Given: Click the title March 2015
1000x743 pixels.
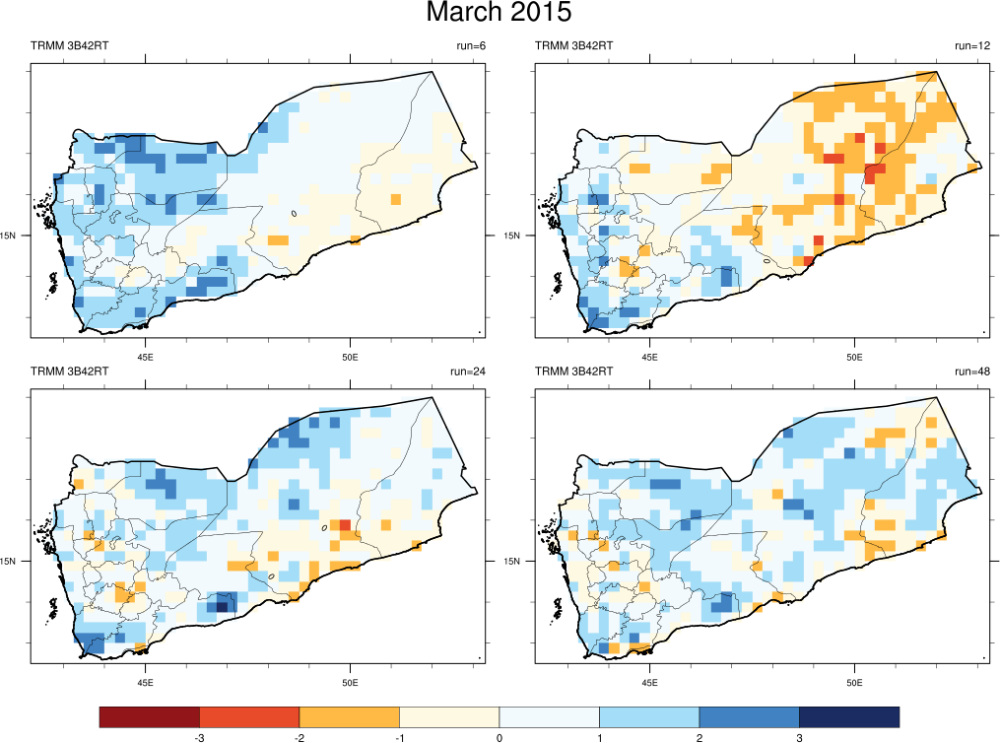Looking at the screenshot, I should click(x=499, y=14).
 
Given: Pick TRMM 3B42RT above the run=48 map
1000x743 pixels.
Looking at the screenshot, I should click(x=573, y=371).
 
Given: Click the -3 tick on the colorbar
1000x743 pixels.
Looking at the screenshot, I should click(x=200, y=737).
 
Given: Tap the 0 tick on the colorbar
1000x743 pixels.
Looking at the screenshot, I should click(x=500, y=737).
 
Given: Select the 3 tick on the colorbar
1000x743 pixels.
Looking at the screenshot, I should click(x=799, y=737).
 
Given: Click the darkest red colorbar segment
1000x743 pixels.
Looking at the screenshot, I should click(x=150, y=716).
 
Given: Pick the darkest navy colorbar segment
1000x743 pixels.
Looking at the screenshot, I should click(x=848, y=716).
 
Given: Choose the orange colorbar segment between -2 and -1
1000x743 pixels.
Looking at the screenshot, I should click(x=349, y=716).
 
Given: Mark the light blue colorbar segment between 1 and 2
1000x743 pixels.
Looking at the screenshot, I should click(x=648, y=716).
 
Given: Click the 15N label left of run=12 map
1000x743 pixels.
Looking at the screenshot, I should click(x=512, y=236).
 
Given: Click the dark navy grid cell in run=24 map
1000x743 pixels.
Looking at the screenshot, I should click(x=223, y=606).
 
